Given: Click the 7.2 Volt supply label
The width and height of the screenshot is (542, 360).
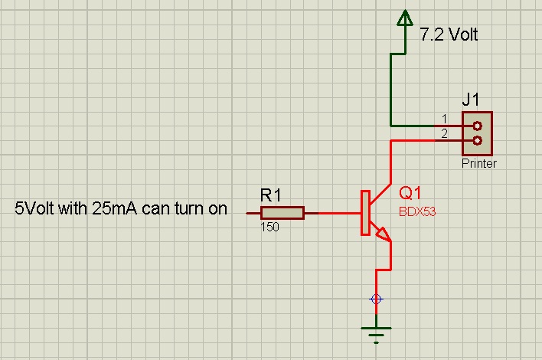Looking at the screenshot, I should coord(449,34).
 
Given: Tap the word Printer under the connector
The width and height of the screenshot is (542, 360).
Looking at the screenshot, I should coord(478,164).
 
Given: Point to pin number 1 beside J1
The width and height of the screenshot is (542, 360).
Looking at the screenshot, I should coord(444,119).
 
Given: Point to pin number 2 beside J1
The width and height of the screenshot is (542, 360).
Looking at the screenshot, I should coord(444,134).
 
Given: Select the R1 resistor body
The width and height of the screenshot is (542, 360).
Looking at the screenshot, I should coord(282,212).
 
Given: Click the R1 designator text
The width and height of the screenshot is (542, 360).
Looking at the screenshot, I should coord(271,196).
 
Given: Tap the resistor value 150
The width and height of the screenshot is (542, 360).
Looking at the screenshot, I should coord(269,227).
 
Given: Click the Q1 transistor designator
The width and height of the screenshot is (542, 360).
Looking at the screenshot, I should coord(410,193).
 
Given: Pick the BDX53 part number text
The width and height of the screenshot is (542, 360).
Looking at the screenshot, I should coord(417,212).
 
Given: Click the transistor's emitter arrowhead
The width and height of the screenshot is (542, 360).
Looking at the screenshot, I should coord(382,233).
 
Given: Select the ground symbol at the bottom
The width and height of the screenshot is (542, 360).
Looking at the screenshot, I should coord(376,331).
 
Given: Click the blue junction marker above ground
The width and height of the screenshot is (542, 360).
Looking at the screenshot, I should coord(376,299).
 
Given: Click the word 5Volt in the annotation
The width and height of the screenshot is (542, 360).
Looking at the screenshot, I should coord(37,208).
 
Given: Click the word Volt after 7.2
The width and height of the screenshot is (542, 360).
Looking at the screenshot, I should coord(463,34).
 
